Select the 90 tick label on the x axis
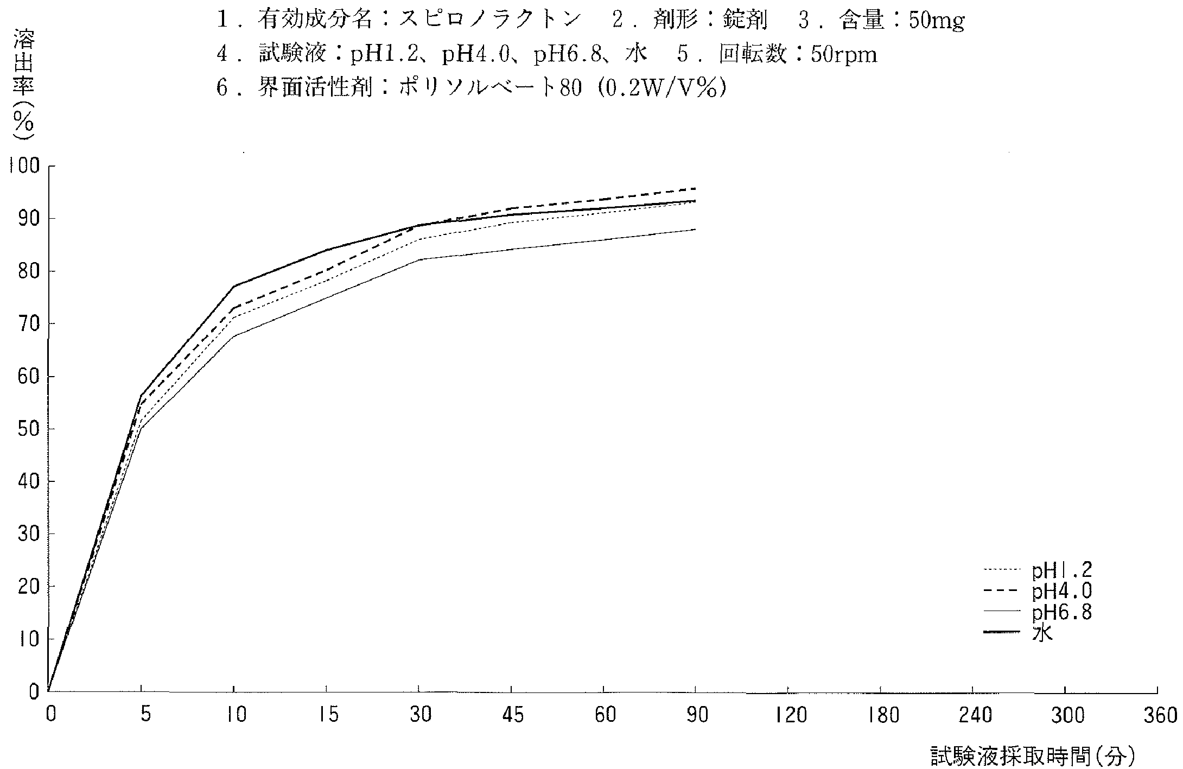pyautogui.click(x=696, y=716)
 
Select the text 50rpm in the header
pyautogui.click(x=844, y=54)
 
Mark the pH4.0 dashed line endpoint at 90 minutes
pyautogui.click(x=695, y=188)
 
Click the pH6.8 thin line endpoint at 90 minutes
pyautogui.click(x=695, y=230)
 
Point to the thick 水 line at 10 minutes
pyautogui.click(x=234, y=286)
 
